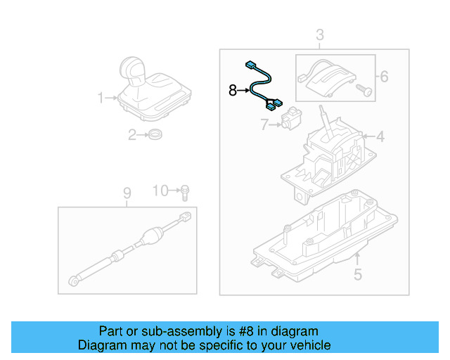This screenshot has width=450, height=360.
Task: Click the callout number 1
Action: tap(101, 98)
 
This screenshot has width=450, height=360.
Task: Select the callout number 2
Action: tap(131, 135)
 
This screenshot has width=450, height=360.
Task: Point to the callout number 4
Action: tap(380, 136)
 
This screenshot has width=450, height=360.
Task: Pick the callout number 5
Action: tap(358, 275)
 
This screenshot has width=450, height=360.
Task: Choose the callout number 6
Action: tap(384, 77)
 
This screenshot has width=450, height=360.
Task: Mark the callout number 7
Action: tap(264, 125)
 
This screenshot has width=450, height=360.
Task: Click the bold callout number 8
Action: tap(233, 90)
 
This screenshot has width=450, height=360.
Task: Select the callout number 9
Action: tap(127, 192)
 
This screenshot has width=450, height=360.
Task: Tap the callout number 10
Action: tap(161, 191)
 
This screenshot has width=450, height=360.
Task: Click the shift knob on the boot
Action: tap(134, 69)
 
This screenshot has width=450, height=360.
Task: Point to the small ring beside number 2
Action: tap(156, 135)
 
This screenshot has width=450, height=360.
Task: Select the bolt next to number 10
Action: tap(184, 191)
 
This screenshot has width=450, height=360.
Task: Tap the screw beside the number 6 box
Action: tap(363, 91)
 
